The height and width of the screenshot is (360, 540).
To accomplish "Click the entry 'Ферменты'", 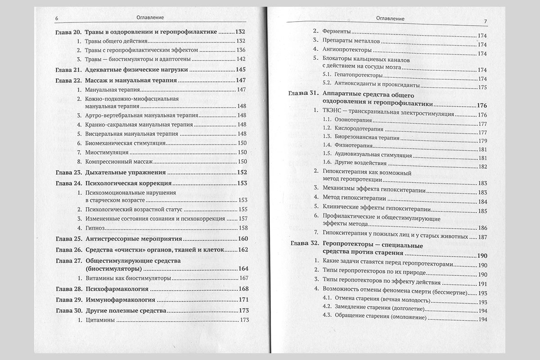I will pyautogui.click(x=336, y=32).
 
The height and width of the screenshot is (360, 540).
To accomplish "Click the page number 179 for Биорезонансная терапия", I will pyautogui.click(x=483, y=141).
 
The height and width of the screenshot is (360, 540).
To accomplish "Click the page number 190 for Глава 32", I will pyautogui.click(x=482, y=255).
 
